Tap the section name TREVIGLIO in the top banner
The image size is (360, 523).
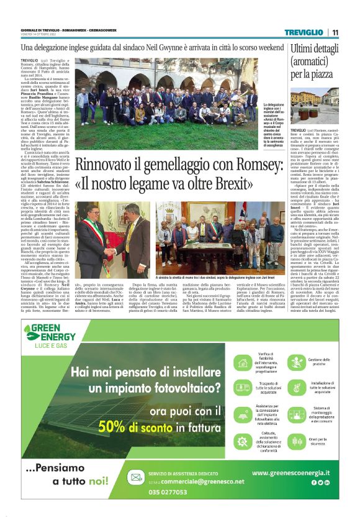pyautogui.click(x=304, y=32)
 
